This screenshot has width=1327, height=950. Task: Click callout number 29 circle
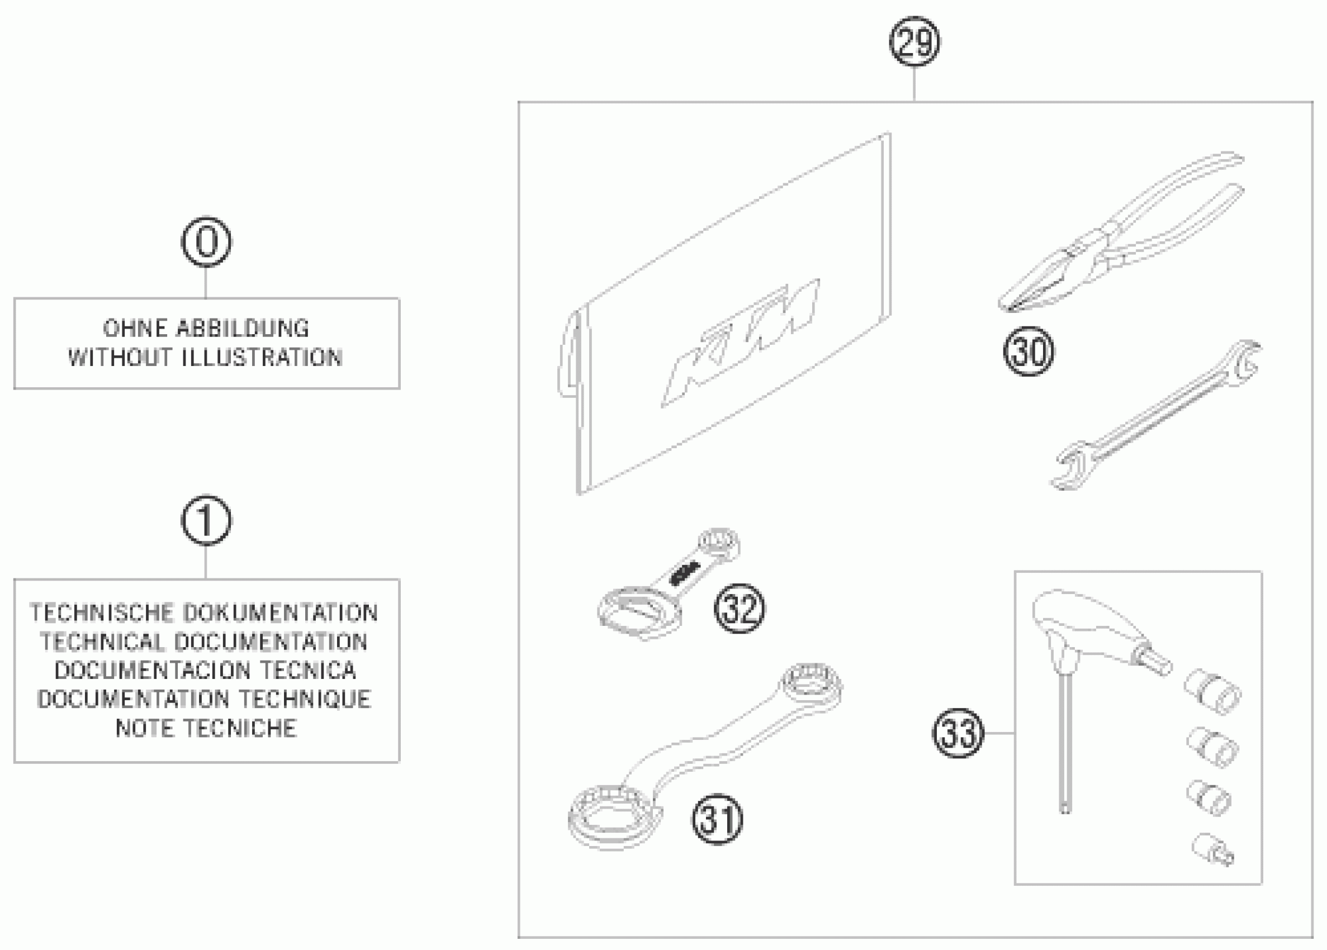tap(914, 41)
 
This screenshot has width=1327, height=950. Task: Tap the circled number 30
tap(1029, 351)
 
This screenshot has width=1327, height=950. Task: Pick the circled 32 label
tap(739, 609)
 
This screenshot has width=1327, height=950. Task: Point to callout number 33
tap(958, 733)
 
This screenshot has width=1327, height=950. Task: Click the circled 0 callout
tap(206, 241)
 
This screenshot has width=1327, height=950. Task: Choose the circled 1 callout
tap(206, 520)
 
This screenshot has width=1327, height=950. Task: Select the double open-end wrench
tap(1156, 415)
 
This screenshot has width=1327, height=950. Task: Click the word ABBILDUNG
tap(242, 328)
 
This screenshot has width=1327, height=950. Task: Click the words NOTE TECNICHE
tap(206, 728)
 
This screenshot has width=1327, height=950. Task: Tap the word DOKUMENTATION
tap(280, 612)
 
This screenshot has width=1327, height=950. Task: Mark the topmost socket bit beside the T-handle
tap(1213, 692)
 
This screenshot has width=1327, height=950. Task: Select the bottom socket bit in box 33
tap(1212, 849)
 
